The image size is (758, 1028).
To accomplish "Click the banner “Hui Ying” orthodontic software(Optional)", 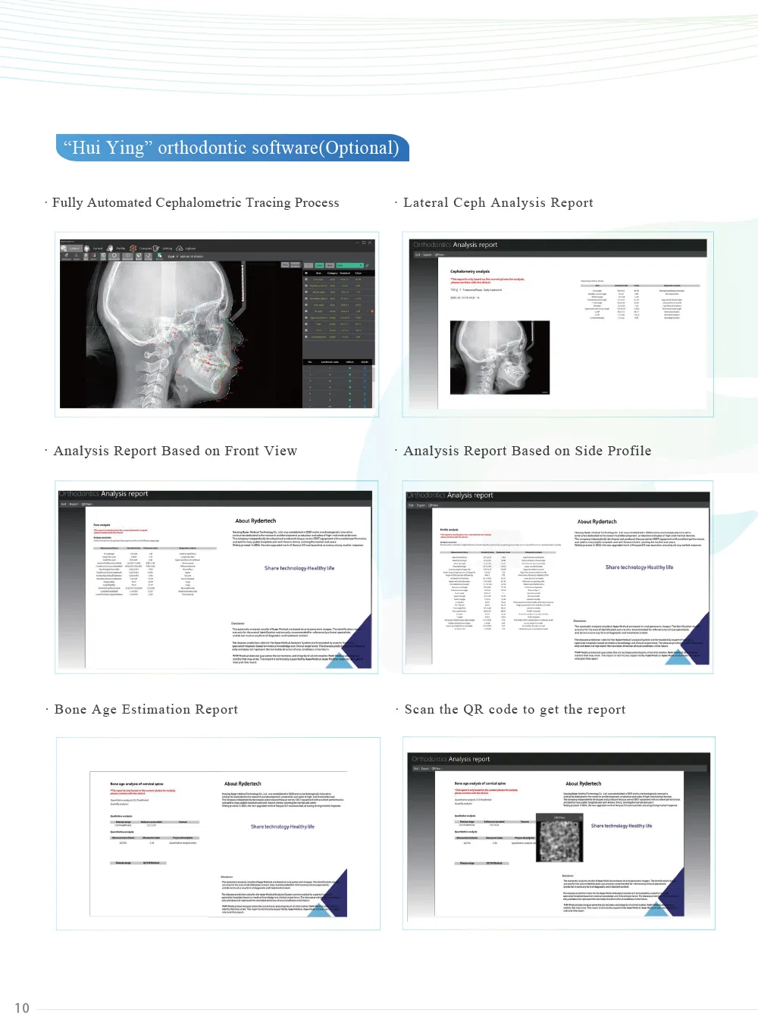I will pos(232,148).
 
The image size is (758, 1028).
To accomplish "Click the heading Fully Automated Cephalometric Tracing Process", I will pos(196,203).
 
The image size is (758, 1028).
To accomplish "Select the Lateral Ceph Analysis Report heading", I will pos(498,203).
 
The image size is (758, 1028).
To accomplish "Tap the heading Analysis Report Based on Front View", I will pos(175,452).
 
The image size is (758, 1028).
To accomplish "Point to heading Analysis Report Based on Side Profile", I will pos(527,452).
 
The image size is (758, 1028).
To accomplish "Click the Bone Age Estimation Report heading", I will pos(146,710).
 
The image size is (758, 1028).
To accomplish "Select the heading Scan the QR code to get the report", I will pos(515,710).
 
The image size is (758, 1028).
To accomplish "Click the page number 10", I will pos(22,1008).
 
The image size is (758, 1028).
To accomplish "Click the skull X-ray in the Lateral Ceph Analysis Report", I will pos(500,357).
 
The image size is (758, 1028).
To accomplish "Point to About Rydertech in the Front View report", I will pos(255,521).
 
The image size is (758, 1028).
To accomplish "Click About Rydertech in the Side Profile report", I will pos(597,522).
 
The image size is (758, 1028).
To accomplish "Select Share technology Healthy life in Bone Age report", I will pos(282,826).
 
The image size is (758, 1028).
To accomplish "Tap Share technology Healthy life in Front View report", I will pos(299,568).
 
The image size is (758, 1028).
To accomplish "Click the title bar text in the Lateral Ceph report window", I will pos(455,245).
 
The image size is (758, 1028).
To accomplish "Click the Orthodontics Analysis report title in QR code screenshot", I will pos(450,759).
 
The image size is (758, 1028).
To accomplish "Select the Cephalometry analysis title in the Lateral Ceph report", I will pos(470,271).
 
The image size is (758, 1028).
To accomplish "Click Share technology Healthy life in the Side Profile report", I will pos(639,567).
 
